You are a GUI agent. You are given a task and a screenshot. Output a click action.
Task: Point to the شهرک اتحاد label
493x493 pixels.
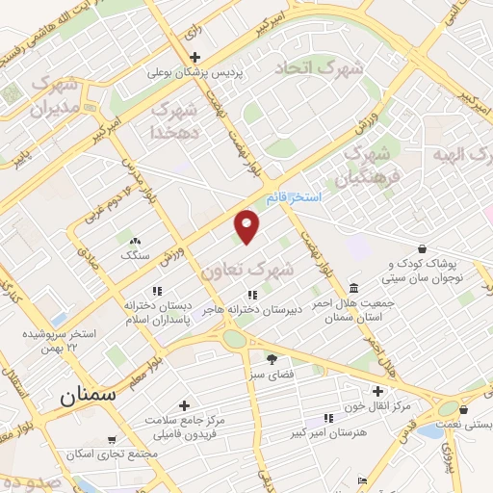click(319, 68)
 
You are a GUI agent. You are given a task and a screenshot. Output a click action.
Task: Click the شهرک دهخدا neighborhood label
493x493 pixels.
click(175, 119)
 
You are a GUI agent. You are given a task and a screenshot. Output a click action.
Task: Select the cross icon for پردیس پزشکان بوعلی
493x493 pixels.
click(196, 57)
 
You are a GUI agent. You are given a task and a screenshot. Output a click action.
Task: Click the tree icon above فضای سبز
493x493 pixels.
click(284, 358)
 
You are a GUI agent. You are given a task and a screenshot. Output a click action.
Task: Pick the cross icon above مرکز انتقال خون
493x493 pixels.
click(377, 391)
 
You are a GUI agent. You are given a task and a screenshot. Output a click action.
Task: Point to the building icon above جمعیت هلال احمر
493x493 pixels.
click(354, 288)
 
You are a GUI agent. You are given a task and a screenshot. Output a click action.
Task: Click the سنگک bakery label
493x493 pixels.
click(135, 256)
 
